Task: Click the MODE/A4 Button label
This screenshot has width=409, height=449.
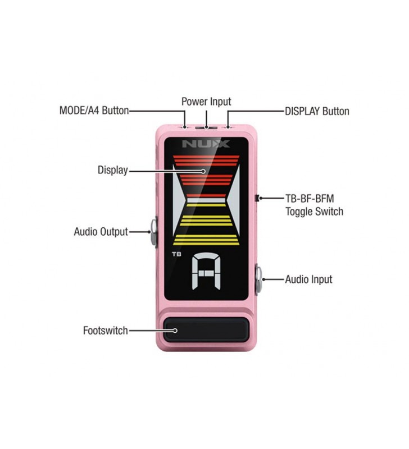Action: coord(94,111)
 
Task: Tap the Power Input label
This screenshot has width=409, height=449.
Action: coord(206,102)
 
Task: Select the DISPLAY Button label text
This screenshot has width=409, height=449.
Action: coord(317,111)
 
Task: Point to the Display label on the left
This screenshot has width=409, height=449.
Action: coord(112,170)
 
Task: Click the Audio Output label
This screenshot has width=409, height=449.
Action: coord(101,231)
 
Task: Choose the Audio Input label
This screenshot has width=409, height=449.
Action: coord(308,279)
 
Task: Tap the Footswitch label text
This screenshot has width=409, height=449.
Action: coord(105,331)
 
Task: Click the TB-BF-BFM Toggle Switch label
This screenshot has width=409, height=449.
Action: coord(313,205)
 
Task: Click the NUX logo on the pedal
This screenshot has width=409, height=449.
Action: coord(206,144)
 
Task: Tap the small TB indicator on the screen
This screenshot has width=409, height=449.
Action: coord(176,254)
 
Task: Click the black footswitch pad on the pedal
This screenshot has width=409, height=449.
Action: coord(206,329)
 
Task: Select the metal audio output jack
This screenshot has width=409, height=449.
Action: coord(153,231)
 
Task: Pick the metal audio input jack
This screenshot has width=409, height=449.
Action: coord(259,279)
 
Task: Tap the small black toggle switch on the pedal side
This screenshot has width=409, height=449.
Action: coord(256,198)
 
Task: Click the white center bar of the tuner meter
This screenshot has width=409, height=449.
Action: coord(206,200)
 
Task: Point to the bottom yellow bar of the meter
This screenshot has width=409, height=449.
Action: coord(206,242)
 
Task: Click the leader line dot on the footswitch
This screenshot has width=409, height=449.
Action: coord(175,331)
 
